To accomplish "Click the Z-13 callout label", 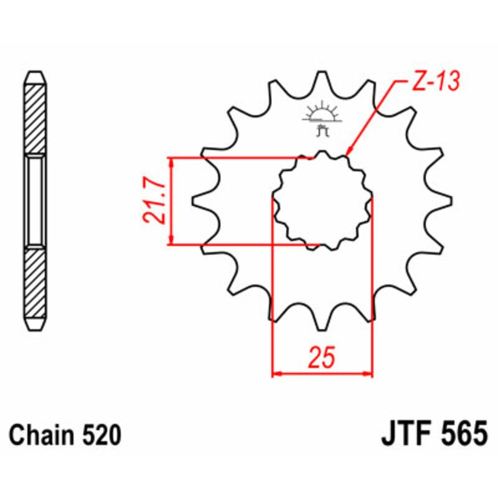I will tap(435, 82).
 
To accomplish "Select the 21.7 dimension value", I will tap(153, 200).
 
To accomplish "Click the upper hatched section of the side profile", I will tap(34, 118).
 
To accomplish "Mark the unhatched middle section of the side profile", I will tap(34, 200).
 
